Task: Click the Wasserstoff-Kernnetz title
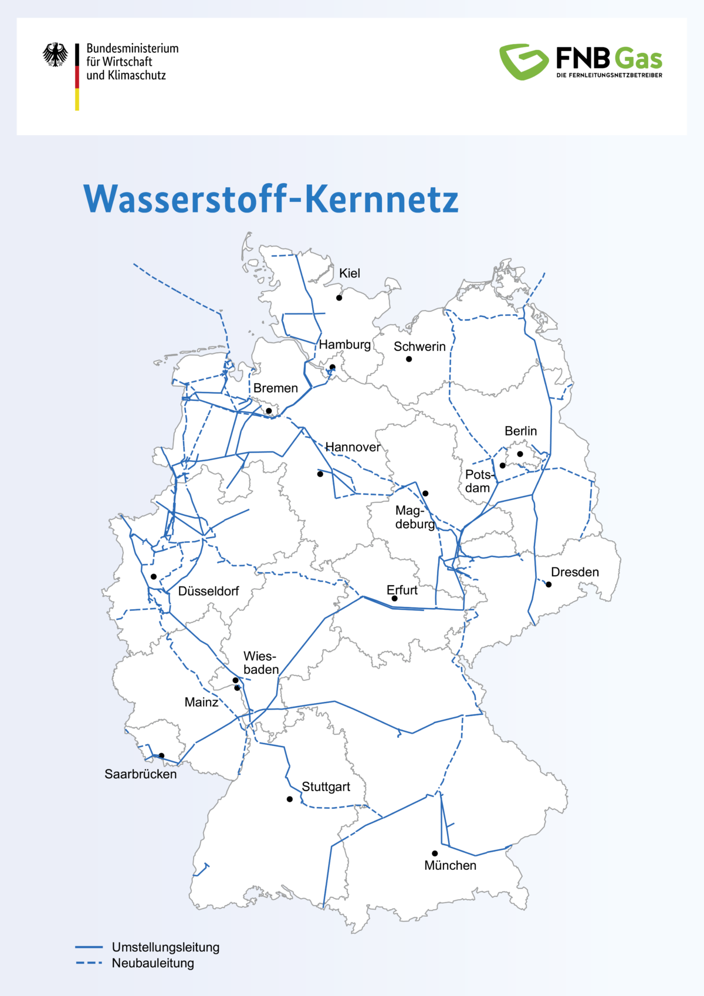(x=270, y=200)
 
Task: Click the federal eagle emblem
(x=55, y=55)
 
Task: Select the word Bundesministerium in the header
(x=132, y=48)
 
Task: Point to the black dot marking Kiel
(x=339, y=298)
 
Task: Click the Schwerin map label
(x=419, y=346)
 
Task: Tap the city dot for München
(x=435, y=853)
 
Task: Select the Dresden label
(x=575, y=572)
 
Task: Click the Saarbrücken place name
(x=140, y=774)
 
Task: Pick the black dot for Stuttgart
(x=290, y=799)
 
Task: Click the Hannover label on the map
(x=353, y=447)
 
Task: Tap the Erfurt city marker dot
(x=395, y=599)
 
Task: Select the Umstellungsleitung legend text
(x=165, y=947)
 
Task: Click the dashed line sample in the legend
(x=89, y=963)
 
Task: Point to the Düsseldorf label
(x=208, y=591)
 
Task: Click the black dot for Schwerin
(x=409, y=359)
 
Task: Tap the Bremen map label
(x=275, y=388)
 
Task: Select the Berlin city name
(x=520, y=431)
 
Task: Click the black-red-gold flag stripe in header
(x=77, y=76)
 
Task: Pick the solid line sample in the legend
(x=89, y=947)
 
